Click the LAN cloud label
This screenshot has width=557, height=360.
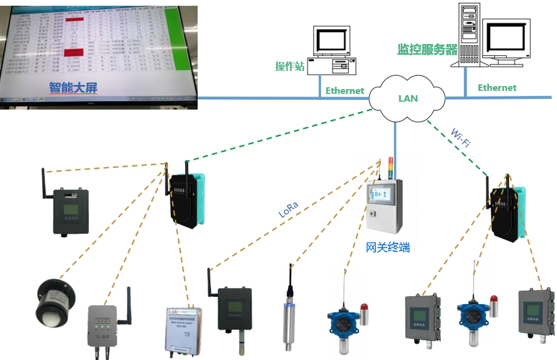(x=408, y=98)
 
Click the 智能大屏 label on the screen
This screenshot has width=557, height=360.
(x=73, y=88)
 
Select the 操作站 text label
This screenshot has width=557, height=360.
(x=290, y=66)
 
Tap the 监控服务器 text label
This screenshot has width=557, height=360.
(x=428, y=49)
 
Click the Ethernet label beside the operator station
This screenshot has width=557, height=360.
(x=345, y=90)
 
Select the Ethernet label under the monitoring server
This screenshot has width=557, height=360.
(x=497, y=87)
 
